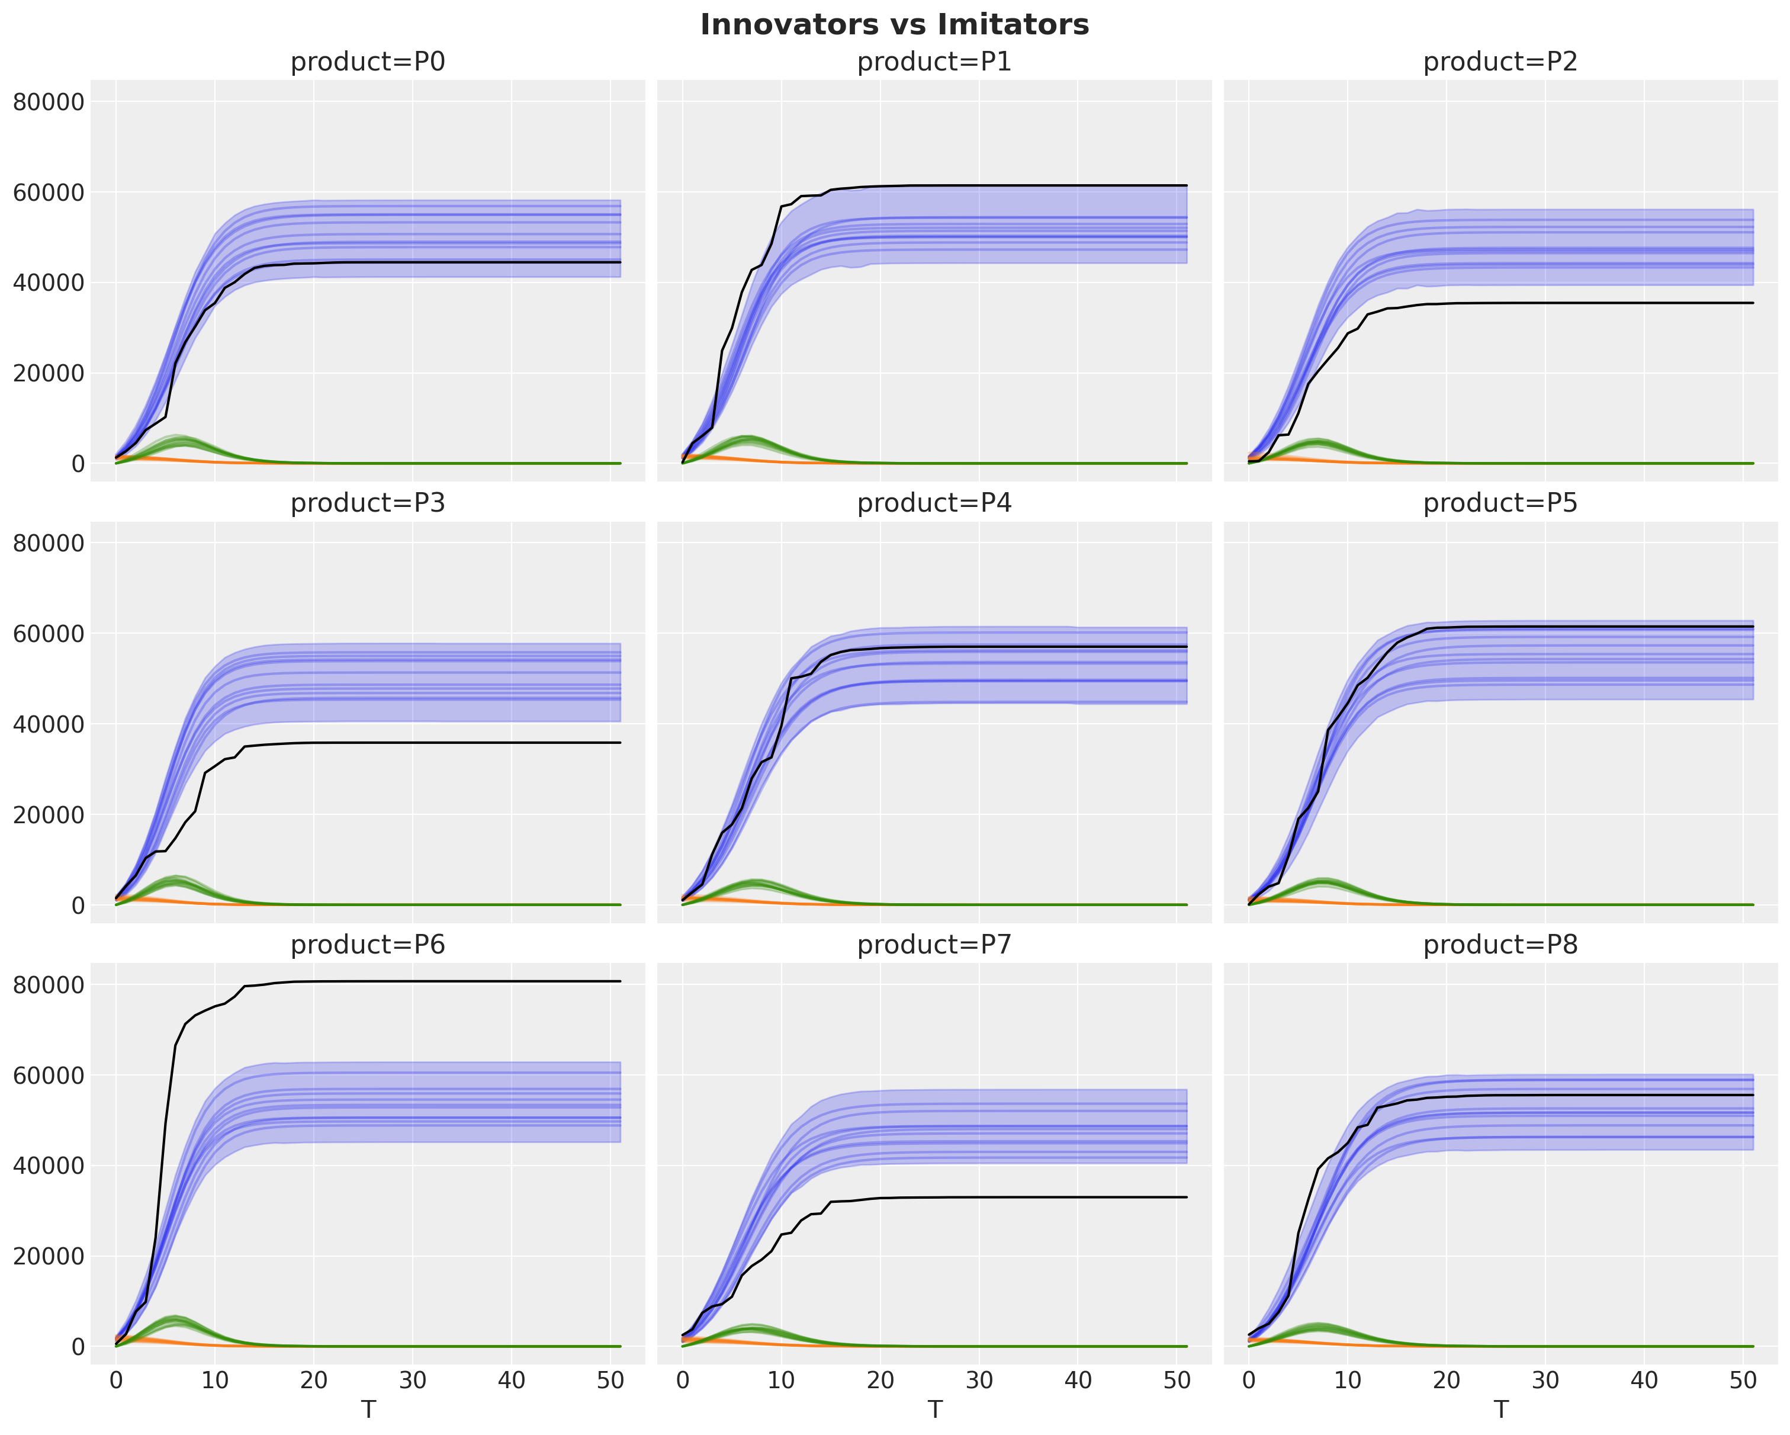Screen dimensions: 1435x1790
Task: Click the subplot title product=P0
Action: pos(368,62)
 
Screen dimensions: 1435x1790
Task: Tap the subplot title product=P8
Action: pos(1500,945)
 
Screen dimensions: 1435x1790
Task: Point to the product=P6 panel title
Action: pos(368,945)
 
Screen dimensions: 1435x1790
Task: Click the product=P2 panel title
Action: pos(1500,62)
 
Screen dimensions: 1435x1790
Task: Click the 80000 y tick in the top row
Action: pos(49,102)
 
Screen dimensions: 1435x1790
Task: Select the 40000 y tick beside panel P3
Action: pos(49,724)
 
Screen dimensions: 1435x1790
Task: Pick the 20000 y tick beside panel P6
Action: pos(49,1257)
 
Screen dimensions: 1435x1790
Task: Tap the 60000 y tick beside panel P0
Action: pos(49,192)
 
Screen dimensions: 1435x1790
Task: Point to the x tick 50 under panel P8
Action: pos(1743,1380)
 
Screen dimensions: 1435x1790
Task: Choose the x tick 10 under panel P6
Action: pos(215,1380)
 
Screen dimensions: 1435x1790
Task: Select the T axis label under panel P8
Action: pos(1500,1410)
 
